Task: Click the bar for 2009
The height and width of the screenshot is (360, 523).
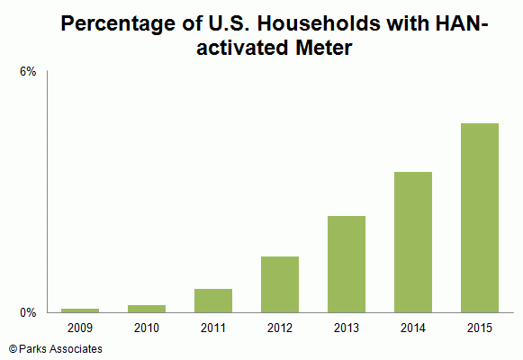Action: (x=80, y=310)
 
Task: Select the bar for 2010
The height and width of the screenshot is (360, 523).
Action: (x=147, y=309)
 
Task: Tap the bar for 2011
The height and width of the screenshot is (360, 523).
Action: (x=213, y=301)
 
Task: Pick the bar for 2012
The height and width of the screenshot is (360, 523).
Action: (x=280, y=284)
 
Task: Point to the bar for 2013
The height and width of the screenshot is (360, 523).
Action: (x=347, y=265)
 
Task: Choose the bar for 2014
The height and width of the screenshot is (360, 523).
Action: (x=413, y=242)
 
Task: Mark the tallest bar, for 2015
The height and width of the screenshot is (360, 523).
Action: (x=480, y=218)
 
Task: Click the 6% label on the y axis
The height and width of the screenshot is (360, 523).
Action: (x=28, y=72)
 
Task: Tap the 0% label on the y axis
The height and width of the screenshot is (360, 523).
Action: (x=28, y=312)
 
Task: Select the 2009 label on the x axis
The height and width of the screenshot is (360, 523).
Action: (x=80, y=328)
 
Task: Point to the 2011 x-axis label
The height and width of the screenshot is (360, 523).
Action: (x=213, y=328)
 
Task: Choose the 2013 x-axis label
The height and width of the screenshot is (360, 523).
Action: (x=347, y=328)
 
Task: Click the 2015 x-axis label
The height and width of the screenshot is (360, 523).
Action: (x=480, y=328)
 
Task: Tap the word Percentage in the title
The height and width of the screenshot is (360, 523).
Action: (x=118, y=24)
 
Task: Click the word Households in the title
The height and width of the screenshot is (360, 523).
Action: (x=318, y=23)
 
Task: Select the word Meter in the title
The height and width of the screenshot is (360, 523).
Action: (x=323, y=48)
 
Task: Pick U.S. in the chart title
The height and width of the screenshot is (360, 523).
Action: (x=229, y=23)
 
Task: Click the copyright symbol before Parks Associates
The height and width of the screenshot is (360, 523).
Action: (x=13, y=349)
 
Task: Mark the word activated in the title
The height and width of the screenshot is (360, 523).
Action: (x=242, y=48)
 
